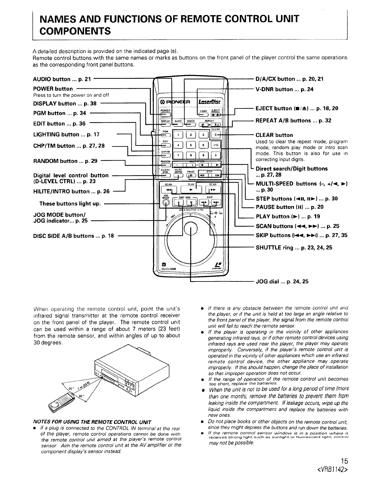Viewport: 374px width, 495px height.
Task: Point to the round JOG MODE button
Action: coord(166,203)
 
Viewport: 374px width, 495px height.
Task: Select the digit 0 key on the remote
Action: coord(215,155)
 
